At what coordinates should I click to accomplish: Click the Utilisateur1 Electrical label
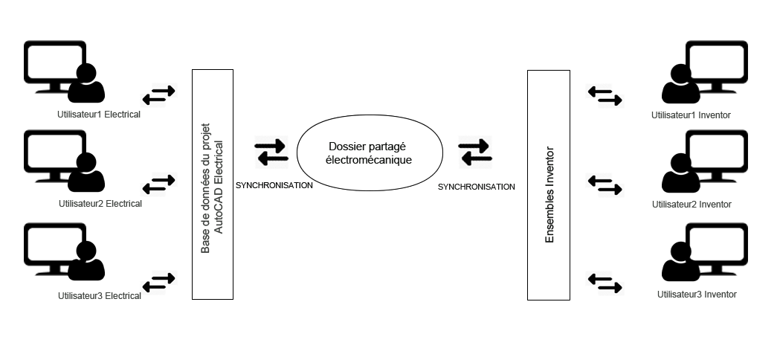coord(99,115)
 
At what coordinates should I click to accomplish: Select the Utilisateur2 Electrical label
coord(100,204)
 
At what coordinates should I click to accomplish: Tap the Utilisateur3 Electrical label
coord(99,296)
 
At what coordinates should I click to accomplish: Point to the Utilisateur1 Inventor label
coord(690,115)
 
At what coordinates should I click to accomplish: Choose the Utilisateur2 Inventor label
coord(692,205)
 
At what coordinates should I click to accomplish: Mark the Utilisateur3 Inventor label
coord(697,295)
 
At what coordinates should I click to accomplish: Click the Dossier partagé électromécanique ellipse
coord(370,152)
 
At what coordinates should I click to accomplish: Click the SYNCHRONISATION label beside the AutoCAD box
coord(274,185)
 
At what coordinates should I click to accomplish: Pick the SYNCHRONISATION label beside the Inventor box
coord(476,187)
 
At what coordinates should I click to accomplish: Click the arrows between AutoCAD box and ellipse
coord(271,152)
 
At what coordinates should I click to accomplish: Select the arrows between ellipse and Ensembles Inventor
coord(474,152)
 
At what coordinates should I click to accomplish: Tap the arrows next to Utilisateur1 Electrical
coord(159,94)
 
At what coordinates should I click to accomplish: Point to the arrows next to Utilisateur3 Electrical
coord(159,282)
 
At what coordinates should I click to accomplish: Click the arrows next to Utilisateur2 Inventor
coord(604,184)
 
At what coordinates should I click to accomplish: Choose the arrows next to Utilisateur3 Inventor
coord(604,282)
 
